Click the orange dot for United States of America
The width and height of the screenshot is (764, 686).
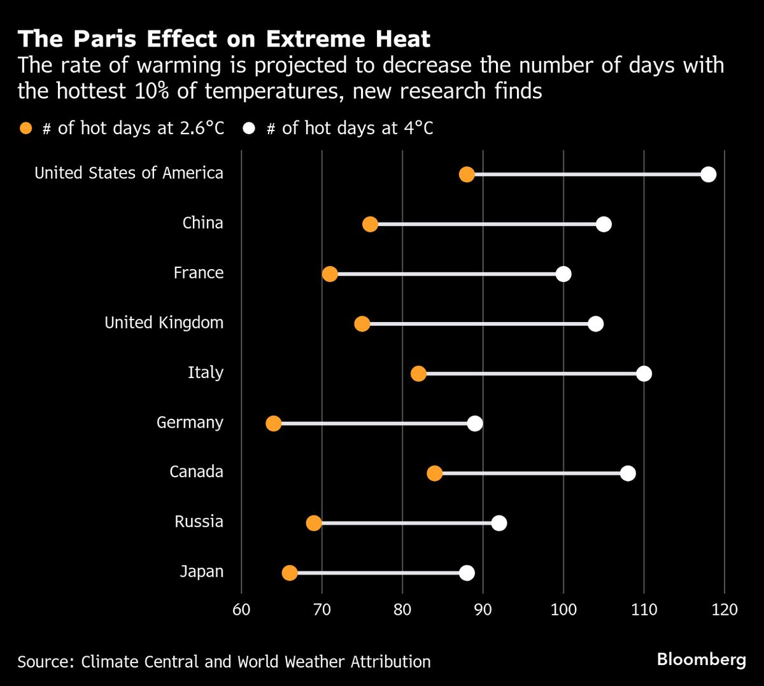coord(467,174)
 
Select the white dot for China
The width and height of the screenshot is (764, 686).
coord(604,224)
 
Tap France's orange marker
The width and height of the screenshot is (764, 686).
coord(330,274)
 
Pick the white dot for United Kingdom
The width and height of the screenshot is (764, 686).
coord(595,324)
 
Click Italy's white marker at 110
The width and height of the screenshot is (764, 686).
coord(644,374)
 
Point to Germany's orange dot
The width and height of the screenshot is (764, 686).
coord(274,424)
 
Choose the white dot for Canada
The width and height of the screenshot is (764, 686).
coord(628,473)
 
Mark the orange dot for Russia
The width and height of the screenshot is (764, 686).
coord(314,523)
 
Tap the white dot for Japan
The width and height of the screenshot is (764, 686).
coord(467,573)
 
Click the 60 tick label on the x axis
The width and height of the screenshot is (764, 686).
coord(241,610)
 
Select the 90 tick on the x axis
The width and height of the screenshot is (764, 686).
coord(483,610)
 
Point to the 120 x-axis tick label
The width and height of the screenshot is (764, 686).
coord(725,610)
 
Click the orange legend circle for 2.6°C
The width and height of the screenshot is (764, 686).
coord(26,129)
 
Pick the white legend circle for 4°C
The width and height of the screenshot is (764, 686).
coord(249,129)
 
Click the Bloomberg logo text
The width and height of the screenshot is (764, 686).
coord(701,659)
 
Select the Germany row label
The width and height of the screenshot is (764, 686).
coord(190,423)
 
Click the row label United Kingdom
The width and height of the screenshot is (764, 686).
coord(164,323)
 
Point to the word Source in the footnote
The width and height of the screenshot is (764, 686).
coord(44,662)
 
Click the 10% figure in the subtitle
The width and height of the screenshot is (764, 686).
coord(153,91)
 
